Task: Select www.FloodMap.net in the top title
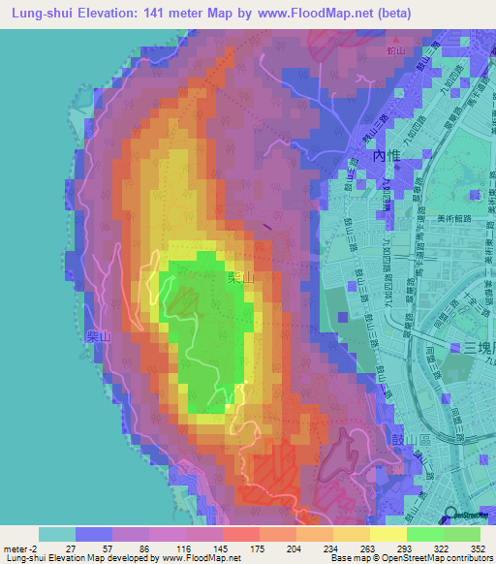[328, 14]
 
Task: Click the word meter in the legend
[15, 548]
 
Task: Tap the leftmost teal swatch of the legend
[57, 534]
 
